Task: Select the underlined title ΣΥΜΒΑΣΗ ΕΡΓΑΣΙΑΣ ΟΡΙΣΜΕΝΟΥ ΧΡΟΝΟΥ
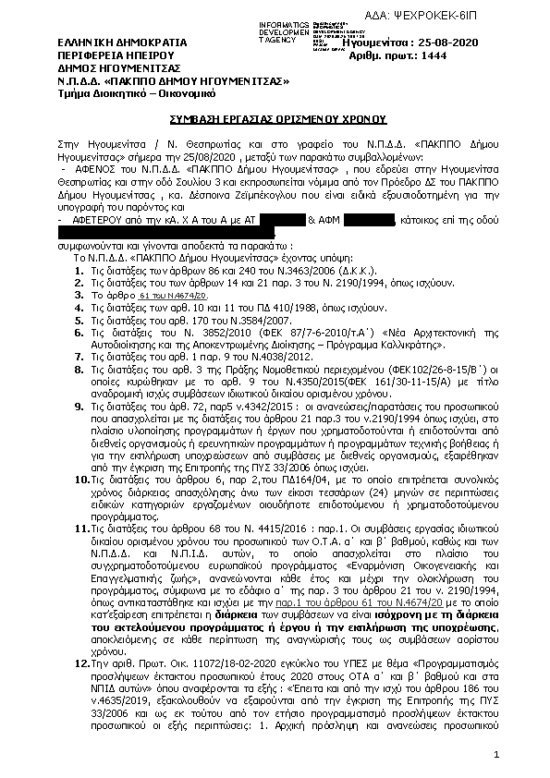coord(275,121)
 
